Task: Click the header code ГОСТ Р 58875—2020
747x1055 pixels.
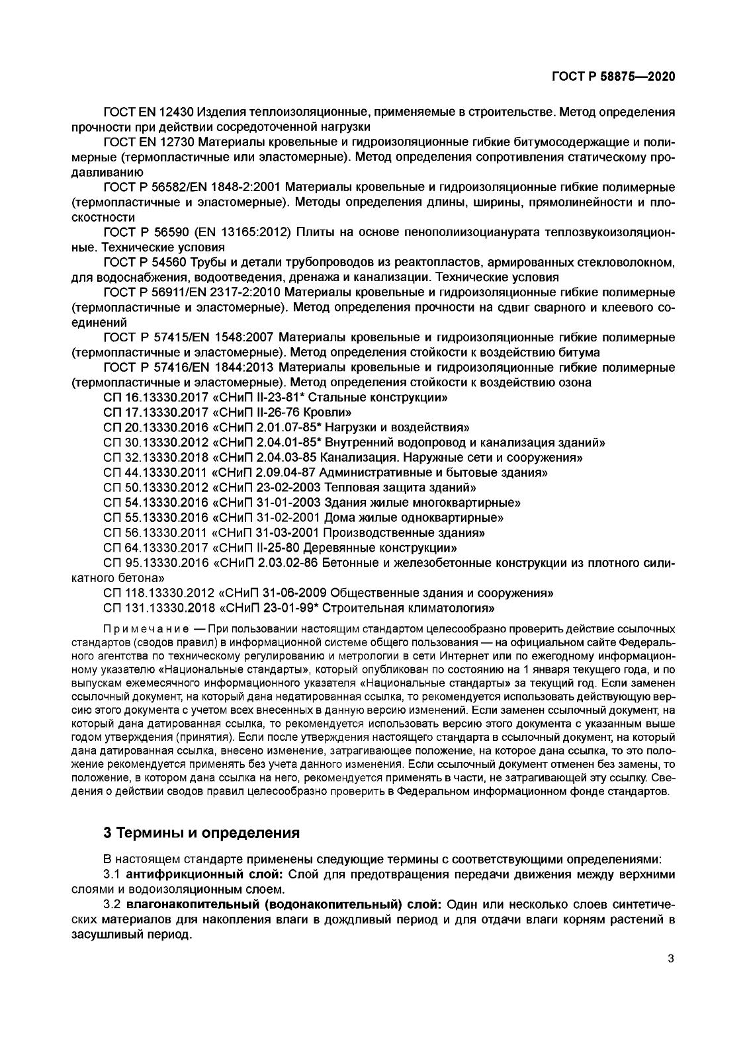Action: (613, 77)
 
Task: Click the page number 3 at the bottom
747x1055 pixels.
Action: (670, 960)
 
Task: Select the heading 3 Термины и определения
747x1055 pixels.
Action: (201, 833)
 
